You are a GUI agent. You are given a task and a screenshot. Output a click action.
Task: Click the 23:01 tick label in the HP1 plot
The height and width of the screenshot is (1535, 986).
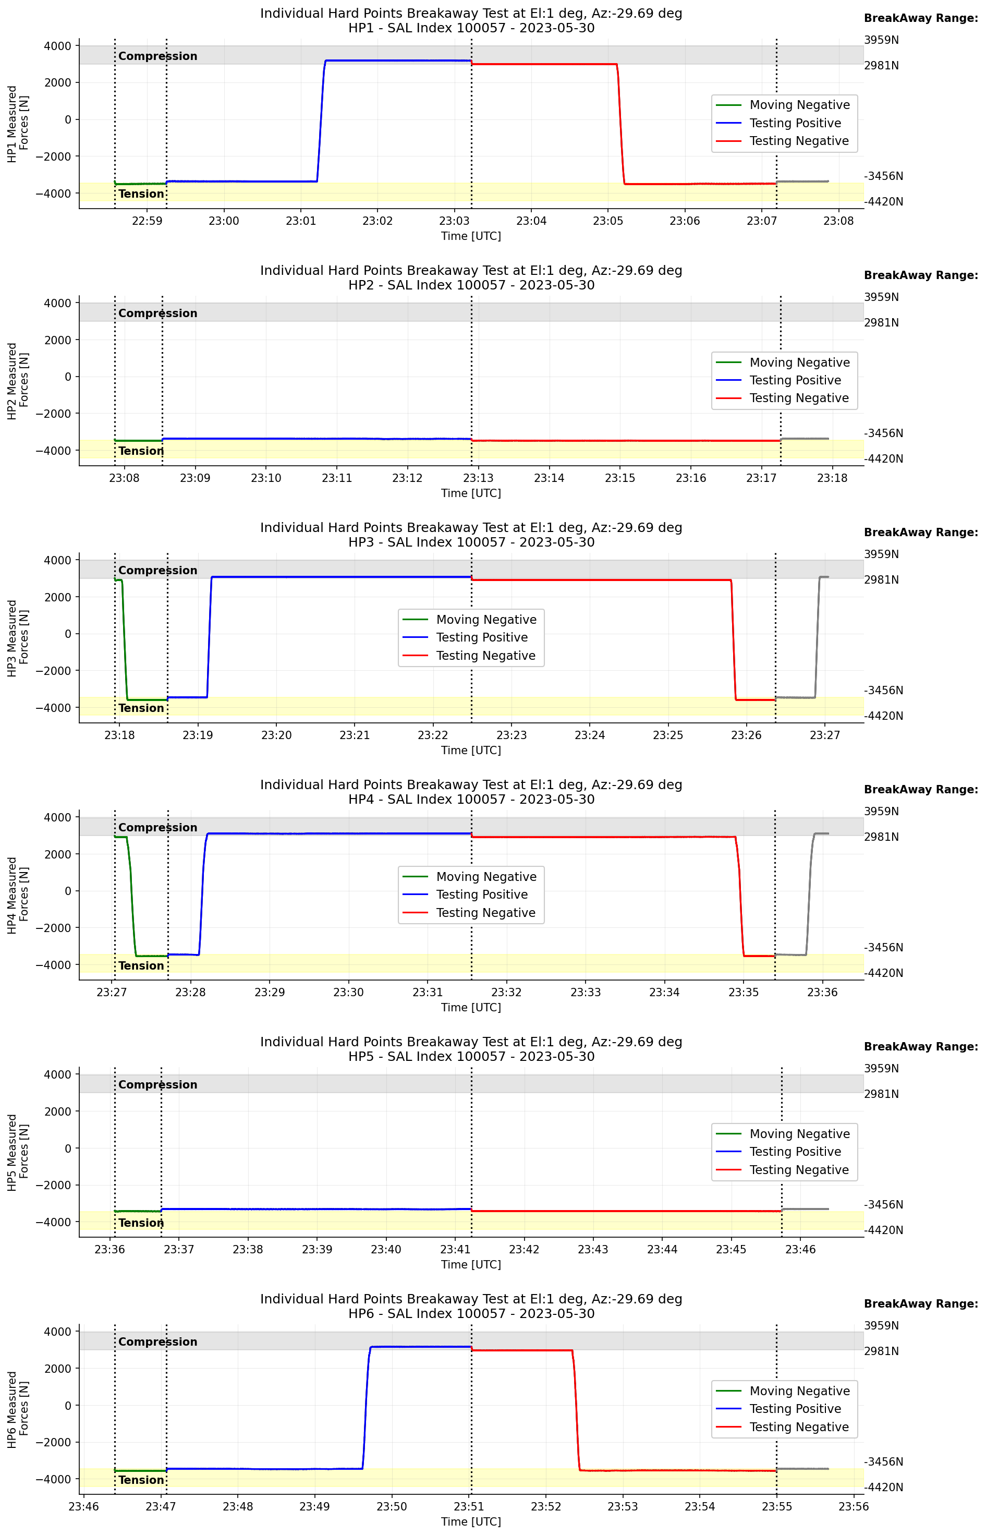300,221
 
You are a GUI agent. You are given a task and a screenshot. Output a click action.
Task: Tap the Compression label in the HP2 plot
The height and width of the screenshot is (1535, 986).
157,313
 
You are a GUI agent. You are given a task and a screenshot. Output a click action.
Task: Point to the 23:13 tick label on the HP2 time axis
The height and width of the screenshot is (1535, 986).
478,478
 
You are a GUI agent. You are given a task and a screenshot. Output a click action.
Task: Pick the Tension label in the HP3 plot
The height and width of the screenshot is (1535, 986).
141,708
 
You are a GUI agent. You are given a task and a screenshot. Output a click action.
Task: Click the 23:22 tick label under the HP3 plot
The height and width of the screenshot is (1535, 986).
433,735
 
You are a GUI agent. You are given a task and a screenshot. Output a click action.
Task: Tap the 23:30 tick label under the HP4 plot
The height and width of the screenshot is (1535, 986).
348,992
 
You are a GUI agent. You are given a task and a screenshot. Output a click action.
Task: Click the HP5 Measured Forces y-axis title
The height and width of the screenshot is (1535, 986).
18,1152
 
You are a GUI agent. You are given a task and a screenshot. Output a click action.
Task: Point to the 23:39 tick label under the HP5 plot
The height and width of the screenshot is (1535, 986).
317,1249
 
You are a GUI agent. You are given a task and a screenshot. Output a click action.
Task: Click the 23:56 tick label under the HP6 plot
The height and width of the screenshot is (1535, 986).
854,1506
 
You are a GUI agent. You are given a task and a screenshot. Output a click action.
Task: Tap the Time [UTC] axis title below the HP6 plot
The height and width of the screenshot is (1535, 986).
471,1521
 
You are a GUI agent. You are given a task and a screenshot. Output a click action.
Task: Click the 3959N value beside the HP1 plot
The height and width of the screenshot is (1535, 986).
881,40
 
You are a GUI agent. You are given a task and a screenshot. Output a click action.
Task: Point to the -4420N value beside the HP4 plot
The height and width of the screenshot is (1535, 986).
884,973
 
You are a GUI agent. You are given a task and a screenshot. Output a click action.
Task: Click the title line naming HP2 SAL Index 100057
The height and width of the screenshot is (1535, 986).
471,285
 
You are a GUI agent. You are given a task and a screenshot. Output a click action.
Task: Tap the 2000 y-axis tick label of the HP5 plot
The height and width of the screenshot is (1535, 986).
58,1111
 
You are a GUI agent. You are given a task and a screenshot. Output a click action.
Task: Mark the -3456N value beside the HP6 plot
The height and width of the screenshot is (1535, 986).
884,1461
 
